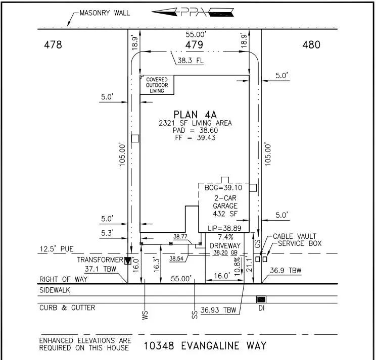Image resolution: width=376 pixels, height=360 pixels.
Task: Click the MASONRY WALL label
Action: click(x=104, y=13)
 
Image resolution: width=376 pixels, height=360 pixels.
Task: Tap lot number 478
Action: click(x=53, y=45)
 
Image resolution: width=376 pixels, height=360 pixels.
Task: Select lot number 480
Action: click(x=311, y=45)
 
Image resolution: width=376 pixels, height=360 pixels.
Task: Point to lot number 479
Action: click(x=194, y=45)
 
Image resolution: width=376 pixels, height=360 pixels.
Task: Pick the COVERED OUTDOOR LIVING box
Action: click(x=157, y=85)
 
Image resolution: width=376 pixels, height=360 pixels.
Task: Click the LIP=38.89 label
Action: click(x=224, y=228)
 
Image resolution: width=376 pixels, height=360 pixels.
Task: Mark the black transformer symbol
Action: click(x=128, y=261)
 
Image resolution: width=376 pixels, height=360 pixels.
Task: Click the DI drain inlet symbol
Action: click(x=261, y=299)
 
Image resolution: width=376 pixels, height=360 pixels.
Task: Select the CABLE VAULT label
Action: click(x=294, y=236)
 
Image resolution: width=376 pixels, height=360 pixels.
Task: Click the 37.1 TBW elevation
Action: click(x=99, y=269)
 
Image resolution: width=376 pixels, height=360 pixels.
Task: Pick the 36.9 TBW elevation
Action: click(x=286, y=271)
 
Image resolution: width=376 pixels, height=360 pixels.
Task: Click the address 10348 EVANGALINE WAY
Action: click(x=205, y=346)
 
